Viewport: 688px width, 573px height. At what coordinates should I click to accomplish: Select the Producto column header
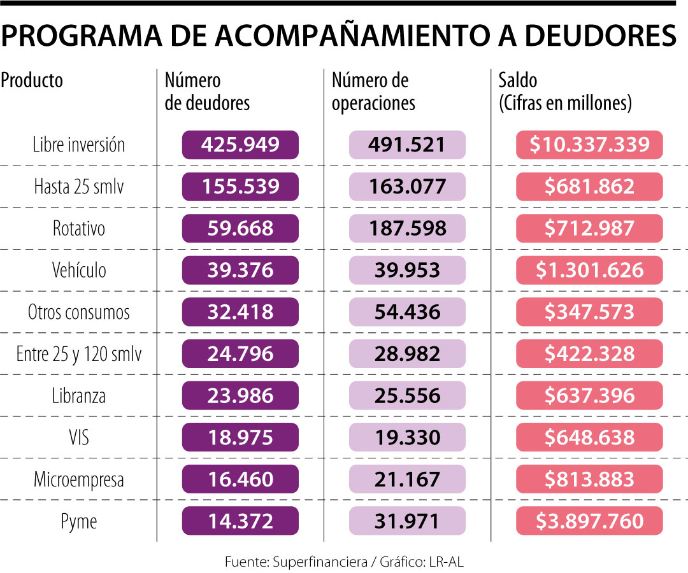(x=32, y=81)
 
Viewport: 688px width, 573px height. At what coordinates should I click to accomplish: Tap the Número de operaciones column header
(x=373, y=92)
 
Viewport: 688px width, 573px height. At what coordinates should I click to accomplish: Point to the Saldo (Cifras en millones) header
(x=564, y=92)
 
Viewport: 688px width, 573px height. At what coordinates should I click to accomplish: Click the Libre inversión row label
(x=79, y=145)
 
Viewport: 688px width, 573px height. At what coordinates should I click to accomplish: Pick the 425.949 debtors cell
(x=240, y=145)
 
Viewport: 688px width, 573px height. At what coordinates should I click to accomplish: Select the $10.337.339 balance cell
(x=589, y=145)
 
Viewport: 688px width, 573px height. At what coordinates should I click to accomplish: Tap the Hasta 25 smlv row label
(x=79, y=187)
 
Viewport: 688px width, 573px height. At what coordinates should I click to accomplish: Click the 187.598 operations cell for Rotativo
(x=407, y=229)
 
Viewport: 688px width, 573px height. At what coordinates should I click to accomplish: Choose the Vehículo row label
(x=79, y=271)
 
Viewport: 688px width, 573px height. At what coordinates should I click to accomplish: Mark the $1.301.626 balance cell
(x=589, y=271)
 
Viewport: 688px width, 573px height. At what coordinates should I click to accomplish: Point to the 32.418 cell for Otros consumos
(x=240, y=312)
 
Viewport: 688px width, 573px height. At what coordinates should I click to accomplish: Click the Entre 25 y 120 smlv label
(x=79, y=354)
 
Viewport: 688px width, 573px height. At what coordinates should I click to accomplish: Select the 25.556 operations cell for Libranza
(x=407, y=396)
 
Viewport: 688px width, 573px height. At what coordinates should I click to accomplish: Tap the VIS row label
(x=79, y=438)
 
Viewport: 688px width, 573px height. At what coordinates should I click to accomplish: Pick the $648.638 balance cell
(x=589, y=438)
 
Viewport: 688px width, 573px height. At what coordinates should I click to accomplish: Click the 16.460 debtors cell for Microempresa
(x=240, y=479)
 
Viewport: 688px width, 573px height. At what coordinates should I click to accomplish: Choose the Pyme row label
(x=79, y=521)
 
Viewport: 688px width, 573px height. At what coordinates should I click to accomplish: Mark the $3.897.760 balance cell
(x=589, y=521)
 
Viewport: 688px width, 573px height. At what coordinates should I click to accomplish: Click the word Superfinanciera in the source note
(x=322, y=562)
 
